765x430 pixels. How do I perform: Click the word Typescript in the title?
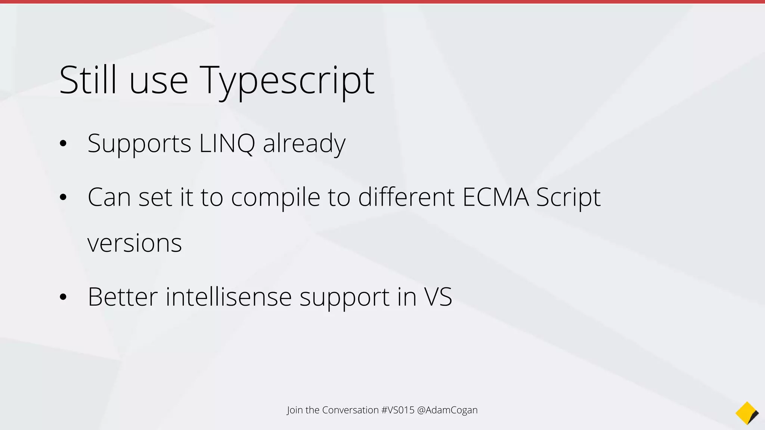point(287,81)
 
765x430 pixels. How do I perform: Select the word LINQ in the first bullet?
point(227,143)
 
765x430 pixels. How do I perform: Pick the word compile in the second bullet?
point(276,197)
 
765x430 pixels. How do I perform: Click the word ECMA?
point(496,197)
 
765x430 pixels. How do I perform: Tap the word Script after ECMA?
point(568,197)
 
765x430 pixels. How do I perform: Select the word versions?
point(134,243)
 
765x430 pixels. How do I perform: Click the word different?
point(406,197)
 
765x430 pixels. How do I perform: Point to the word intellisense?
point(229,297)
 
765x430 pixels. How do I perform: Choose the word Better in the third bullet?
point(123,297)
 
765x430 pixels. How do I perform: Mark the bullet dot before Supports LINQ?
point(63,143)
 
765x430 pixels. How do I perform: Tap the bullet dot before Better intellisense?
point(63,297)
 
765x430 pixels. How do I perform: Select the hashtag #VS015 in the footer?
point(398,410)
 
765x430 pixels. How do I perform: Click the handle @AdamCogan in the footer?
point(447,410)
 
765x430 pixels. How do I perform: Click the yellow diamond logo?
point(746,413)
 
